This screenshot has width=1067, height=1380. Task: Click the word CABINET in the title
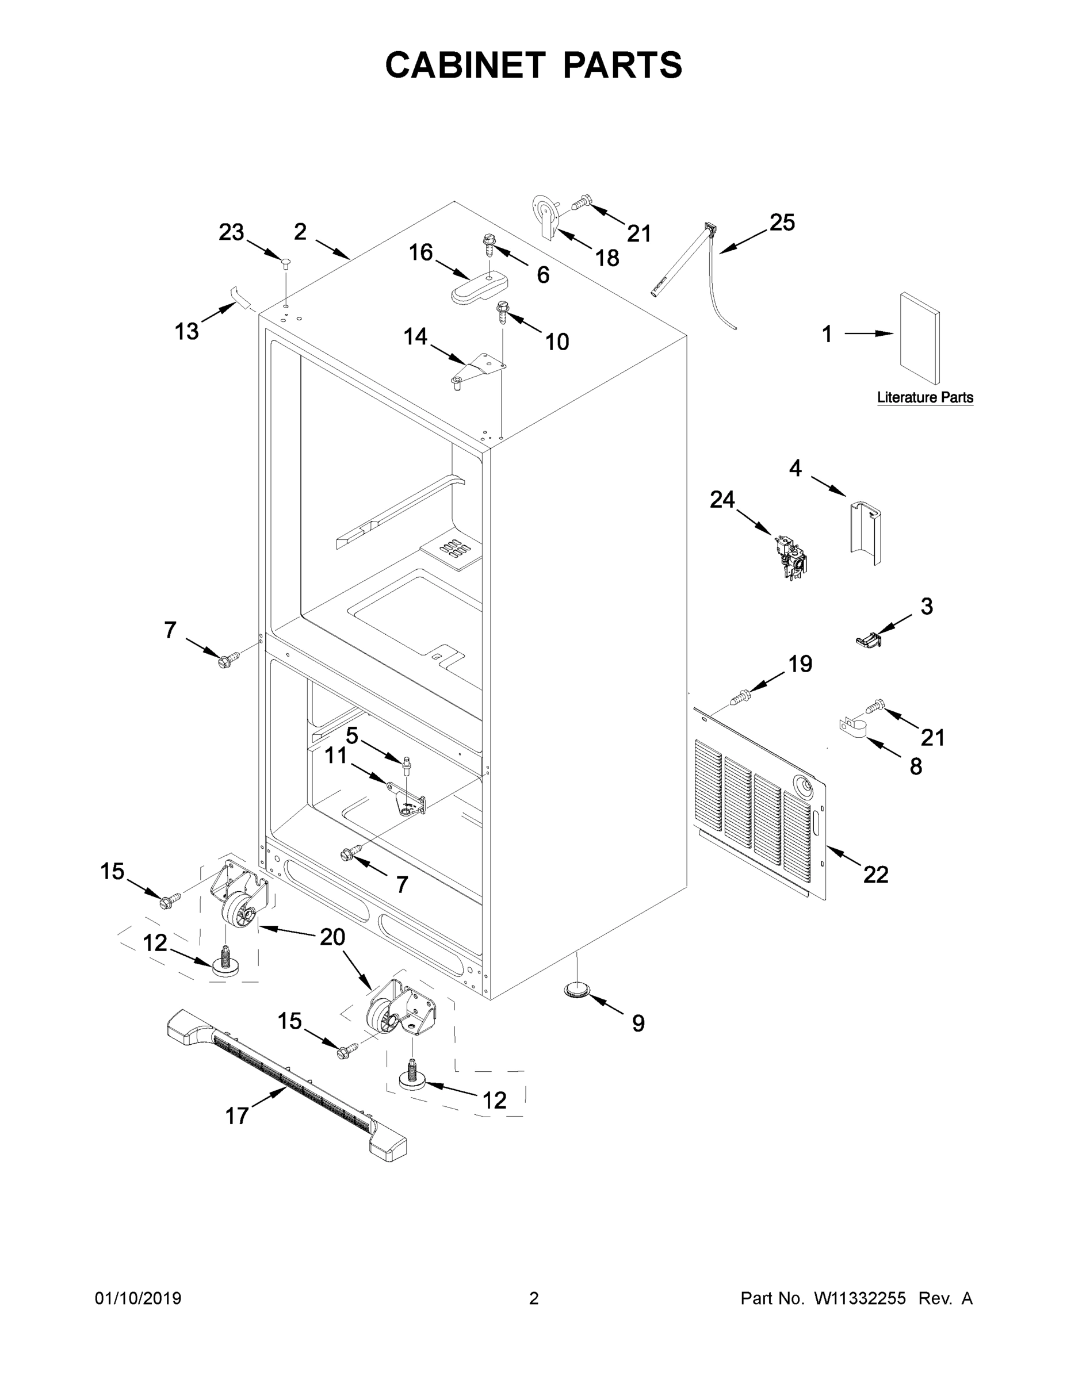coord(465,65)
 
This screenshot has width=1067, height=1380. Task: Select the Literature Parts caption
coord(925,397)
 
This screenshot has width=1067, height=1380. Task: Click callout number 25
coord(782,223)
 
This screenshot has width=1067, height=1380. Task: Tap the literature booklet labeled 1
coord(919,338)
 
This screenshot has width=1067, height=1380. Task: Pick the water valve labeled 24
coord(790,557)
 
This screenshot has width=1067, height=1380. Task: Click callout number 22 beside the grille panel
coord(875,874)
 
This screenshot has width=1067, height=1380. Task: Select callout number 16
coord(420,253)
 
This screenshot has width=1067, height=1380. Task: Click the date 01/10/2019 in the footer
coord(138,1298)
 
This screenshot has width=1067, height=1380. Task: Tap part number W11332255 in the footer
coord(860,1298)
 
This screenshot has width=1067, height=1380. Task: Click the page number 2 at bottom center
coord(534,1298)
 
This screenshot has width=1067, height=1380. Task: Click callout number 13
coord(186,331)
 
